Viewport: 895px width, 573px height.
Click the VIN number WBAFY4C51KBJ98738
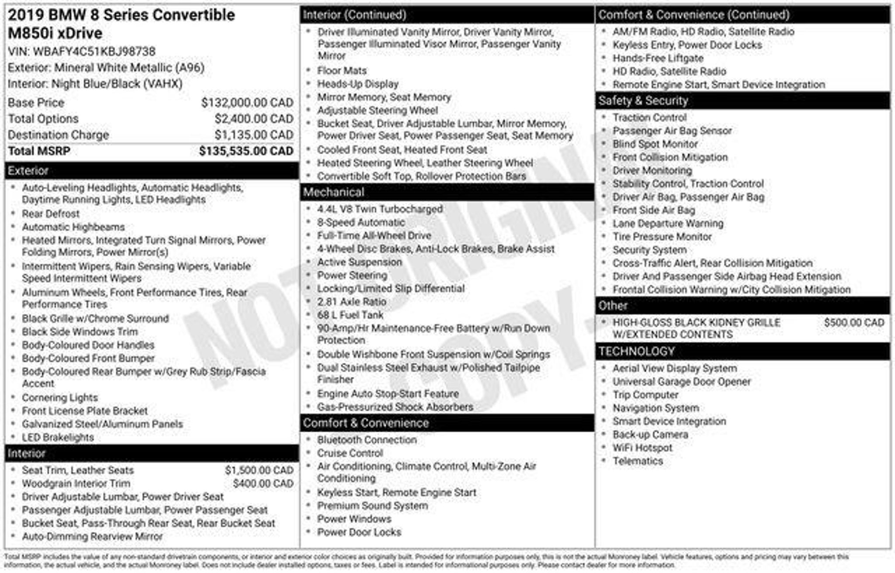[x=94, y=52]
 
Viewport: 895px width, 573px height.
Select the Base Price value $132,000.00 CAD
[x=247, y=103]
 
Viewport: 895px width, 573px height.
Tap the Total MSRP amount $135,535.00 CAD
[x=246, y=151]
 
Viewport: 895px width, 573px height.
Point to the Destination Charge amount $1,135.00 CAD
[x=253, y=135]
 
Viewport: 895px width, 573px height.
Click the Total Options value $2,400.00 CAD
[x=253, y=119]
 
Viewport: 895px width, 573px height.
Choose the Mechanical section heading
[x=333, y=192]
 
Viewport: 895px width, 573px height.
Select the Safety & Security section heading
[x=643, y=101]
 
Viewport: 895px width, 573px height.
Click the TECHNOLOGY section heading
[x=636, y=352]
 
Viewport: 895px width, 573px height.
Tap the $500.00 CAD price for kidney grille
[x=854, y=323]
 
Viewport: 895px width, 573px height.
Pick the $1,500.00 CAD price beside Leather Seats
[x=259, y=470]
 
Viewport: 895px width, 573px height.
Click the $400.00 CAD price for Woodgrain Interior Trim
[x=263, y=483]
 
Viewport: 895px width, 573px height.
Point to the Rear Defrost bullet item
[x=51, y=214]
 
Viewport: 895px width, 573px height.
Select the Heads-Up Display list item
[x=357, y=84]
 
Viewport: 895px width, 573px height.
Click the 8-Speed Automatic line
[x=361, y=222]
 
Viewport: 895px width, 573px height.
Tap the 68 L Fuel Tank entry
[x=350, y=315]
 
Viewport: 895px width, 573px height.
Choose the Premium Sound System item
[x=372, y=506]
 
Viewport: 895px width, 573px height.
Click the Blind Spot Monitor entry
[x=655, y=144]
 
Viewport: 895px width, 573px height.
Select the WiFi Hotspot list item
[x=642, y=448]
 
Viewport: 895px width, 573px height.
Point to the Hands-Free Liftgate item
[x=658, y=58]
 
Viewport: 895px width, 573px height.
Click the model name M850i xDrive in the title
[x=55, y=33]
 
